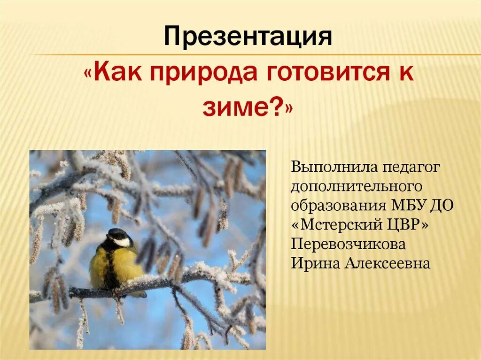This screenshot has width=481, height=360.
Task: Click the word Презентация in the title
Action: pyautogui.click(x=248, y=37)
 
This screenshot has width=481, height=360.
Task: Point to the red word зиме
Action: pyautogui.click(x=234, y=107)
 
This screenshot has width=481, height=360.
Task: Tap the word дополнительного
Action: pyautogui.click(x=357, y=187)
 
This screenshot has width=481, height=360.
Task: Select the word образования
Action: pyautogui.click(x=339, y=206)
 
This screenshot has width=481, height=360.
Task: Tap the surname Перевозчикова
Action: pyautogui.click(x=348, y=244)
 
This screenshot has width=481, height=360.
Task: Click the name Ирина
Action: pyautogui.click(x=315, y=263)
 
